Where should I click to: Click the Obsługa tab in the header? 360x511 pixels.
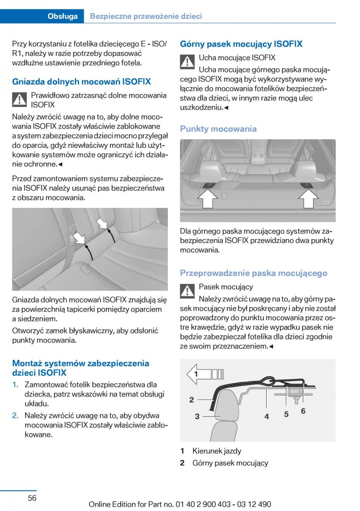coord(63,16)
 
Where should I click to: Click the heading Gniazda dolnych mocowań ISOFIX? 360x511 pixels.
coord(81,81)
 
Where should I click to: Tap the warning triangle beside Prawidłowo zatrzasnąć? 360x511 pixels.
coord(19,100)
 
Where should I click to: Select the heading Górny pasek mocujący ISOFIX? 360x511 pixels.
coord(241,44)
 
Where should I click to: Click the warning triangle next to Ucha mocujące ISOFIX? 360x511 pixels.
coord(187,62)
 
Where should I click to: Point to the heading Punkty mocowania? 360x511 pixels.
coord(218,129)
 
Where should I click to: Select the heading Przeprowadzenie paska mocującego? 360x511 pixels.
coord(253,273)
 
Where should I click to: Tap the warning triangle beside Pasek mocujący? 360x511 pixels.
coord(187,291)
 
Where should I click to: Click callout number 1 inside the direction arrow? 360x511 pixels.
coord(196,374)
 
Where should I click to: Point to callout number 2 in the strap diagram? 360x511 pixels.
coord(192,399)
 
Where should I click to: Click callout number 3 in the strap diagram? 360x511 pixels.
coord(197,416)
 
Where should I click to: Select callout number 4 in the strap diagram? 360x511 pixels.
coord(267,416)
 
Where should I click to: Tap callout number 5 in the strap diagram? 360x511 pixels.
coord(286,413)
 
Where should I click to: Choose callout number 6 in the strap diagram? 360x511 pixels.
coord(303,411)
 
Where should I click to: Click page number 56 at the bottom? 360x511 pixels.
coord(32,498)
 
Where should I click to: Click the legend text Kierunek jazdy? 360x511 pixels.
coord(216,451)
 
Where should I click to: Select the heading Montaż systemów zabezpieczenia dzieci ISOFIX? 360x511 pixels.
coord(81,368)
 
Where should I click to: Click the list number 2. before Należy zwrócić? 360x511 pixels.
coord(15,415)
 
